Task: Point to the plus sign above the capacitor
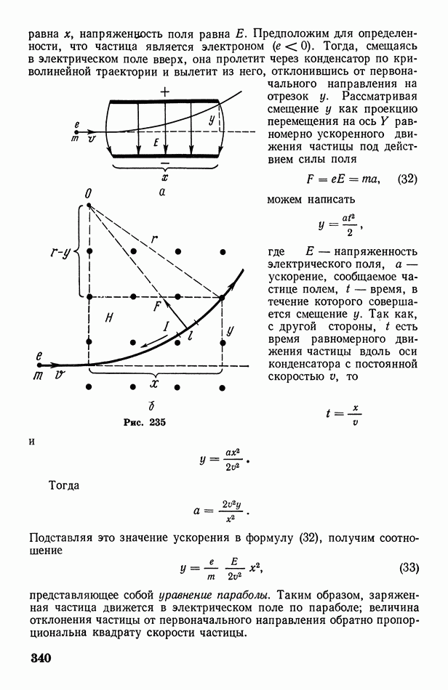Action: coord(165,92)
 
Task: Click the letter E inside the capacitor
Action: coord(156,145)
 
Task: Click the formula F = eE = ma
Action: coord(348,179)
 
